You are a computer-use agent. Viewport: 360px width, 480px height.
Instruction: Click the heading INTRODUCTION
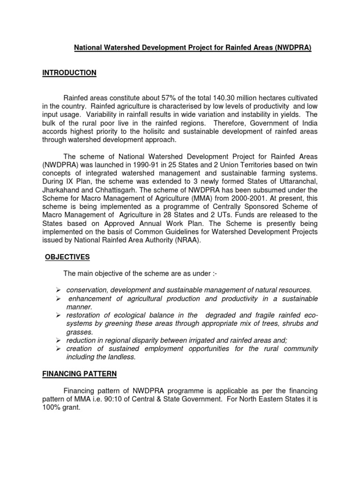tap(69, 73)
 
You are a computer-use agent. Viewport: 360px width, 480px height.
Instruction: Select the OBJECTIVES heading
tap(67, 257)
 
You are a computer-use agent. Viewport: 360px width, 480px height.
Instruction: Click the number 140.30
tap(226, 98)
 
